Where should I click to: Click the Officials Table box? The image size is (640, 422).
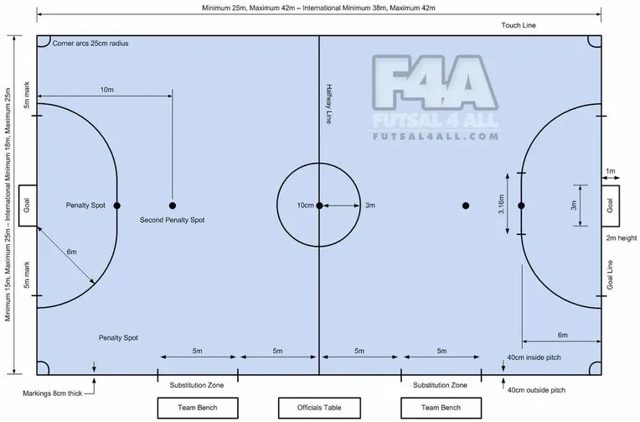pyautogui.click(x=319, y=408)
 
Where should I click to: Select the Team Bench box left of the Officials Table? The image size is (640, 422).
pyautogui.click(x=198, y=408)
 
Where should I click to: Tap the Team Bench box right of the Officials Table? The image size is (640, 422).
pyautogui.click(x=441, y=408)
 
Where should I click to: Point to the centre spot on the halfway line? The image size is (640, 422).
pyautogui.click(x=319, y=206)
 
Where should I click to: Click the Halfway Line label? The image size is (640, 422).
pyautogui.click(x=329, y=104)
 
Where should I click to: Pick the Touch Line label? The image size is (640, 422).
pyautogui.click(x=519, y=25)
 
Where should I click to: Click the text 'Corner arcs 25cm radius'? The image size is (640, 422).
pyautogui.click(x=90, y=44)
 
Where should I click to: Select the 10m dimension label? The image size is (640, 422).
pyautogui.click(x=107, y=90)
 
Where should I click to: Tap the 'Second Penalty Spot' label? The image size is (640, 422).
pyautogui.click(x=172, y=220)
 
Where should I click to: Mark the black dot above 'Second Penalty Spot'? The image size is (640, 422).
pyautogui.click(x=173, y=206)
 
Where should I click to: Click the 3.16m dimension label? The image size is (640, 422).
pyautogui.click(x=501, y=204)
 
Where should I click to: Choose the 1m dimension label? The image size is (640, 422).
pyautogui.click(x=610, y=171)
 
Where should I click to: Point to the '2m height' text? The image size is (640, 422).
pyautogui.click(x=622, y=238)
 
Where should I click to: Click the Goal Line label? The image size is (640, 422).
pyautogui.click(x=610, y=275)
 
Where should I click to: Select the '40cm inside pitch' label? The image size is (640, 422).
pyautogui.click(x=534, y=357)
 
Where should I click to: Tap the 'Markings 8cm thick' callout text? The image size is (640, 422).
pyautogui.click(x=52, y=393)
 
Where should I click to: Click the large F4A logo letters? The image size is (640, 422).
pyautogui.click(x=435, y=83)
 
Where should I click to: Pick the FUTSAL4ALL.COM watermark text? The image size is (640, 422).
pyautogui.click(x=436, y=136)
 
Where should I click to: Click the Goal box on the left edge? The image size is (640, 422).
pyautogui.click(x=28, y=206)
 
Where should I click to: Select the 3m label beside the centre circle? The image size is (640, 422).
pyautogui.click(x=369, y=206)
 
